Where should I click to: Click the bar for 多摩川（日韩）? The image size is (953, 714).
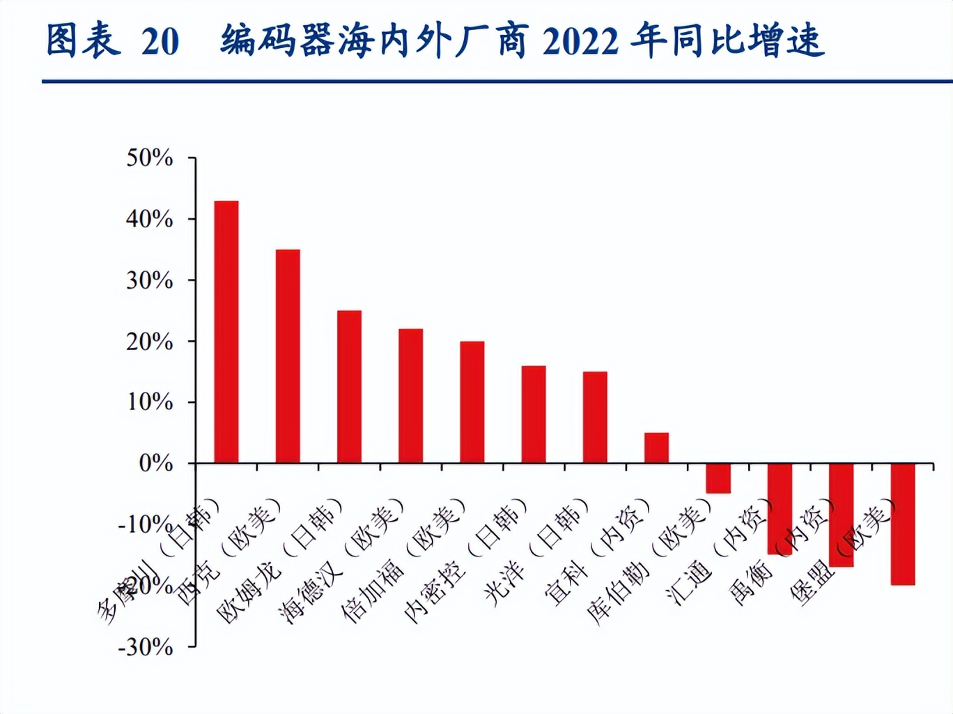(x=226, y=332)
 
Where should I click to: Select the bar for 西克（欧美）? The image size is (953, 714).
(x=288, y=356)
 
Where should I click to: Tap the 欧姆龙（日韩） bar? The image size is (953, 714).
(x=349, y=387)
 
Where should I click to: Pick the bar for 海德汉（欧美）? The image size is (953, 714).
(x=410, y=396)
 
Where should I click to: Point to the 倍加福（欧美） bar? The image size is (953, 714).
(x=472, y=402)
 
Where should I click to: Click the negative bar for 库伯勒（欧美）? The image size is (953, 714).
(x=718, y=478)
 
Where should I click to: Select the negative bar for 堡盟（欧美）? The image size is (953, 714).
(x=903, y=524)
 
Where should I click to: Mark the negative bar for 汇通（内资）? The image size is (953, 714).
(x=780, y=508)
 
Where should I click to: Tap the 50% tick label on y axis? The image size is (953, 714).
(x=149, y=158)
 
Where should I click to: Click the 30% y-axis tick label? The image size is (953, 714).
(x=149, y=280)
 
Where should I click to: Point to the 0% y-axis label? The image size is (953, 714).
(x=155, y=463)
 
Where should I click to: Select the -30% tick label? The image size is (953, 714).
(x=146, y=647)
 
